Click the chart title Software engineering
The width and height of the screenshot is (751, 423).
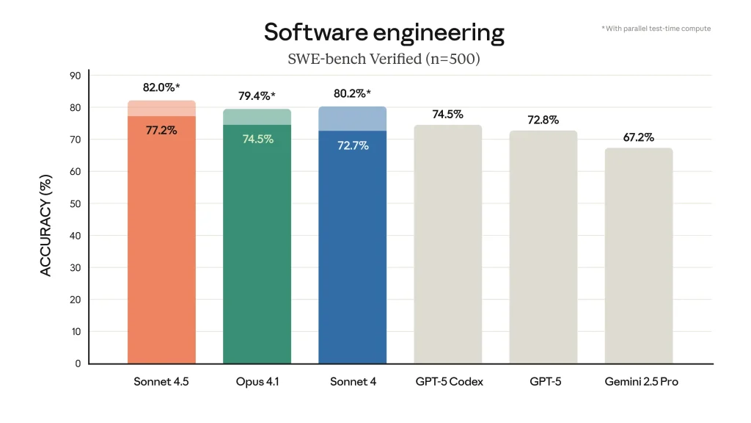click(384, 32)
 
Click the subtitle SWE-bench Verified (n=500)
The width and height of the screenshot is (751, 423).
click(384, 59)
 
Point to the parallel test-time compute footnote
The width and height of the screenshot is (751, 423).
click(656, 29)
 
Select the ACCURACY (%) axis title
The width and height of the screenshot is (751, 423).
click(46, 225)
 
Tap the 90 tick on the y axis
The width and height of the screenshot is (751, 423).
click(76, 76)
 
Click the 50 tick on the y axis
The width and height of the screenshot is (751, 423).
click(76, 203)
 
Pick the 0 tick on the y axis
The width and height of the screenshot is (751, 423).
click(78, 364)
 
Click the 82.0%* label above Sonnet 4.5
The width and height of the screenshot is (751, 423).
click(161, 87)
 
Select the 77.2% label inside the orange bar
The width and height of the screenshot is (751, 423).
click(161, 130)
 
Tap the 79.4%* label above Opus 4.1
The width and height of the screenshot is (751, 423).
click(257, 96)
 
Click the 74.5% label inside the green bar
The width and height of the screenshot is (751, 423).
click(258, 139)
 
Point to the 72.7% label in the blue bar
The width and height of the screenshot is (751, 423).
click(353, 145)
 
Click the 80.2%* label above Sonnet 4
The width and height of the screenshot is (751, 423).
click(352, 93)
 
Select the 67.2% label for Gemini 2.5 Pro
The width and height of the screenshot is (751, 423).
click(638, 137)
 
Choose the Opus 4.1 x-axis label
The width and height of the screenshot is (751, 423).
click(257, 382)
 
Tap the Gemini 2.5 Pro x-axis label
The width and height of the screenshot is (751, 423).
click(641, 382)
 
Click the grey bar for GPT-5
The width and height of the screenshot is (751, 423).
click(543, 250)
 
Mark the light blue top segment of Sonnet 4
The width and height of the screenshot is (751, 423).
click(352, 119)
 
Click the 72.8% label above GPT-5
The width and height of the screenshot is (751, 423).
click(543, 120)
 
